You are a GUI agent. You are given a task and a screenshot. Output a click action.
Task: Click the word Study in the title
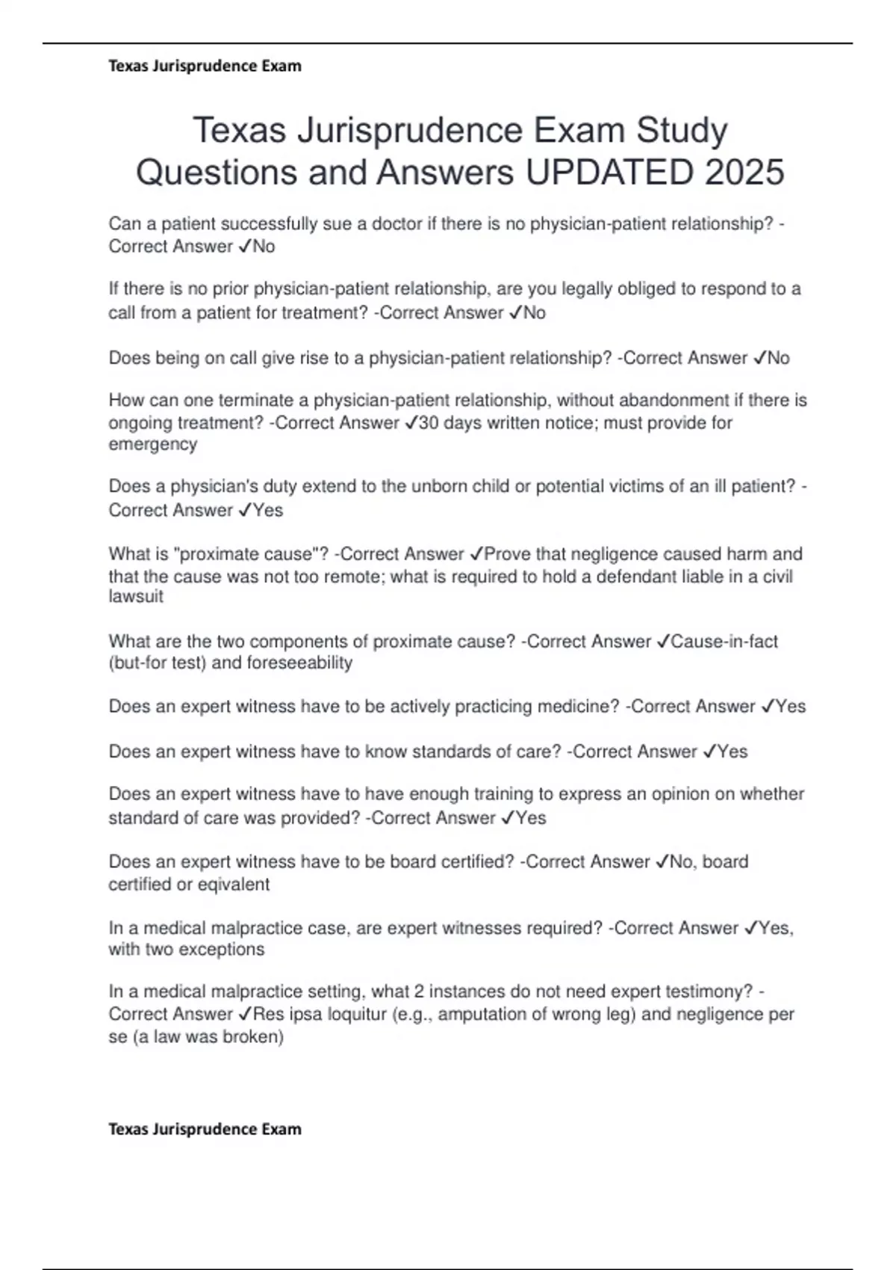coord(682,131)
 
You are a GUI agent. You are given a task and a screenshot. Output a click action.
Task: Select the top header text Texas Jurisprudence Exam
coord(205,66)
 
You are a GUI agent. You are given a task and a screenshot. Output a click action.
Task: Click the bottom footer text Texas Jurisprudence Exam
coord(205,1129)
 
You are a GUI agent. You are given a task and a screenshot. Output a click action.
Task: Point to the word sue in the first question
coord(337,224)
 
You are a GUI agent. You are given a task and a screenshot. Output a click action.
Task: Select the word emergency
coord(153,444)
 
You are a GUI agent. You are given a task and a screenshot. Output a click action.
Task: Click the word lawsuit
coord(136,596)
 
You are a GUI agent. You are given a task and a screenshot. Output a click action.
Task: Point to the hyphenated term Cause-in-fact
coord(724,642)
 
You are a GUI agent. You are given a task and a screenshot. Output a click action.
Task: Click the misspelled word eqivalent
coord(233,884)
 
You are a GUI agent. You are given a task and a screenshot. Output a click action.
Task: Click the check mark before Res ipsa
coord(246,1015)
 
